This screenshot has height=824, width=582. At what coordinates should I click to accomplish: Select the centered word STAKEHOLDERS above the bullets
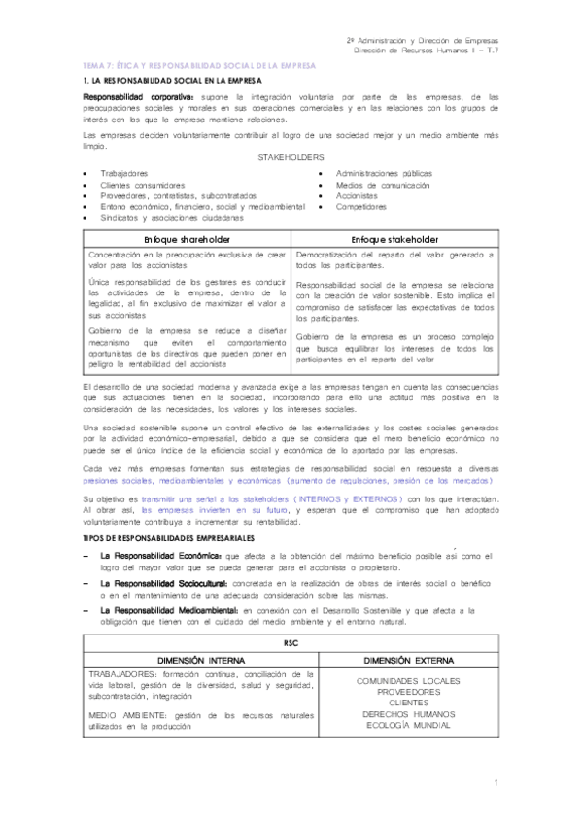(x=291, y=156)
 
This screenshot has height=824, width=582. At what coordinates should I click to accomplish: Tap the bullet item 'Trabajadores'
(x=124, y=173)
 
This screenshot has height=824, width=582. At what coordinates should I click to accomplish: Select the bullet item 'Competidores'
(x=361, y=206)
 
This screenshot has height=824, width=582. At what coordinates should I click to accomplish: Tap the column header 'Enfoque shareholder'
(x=186, y=239)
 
